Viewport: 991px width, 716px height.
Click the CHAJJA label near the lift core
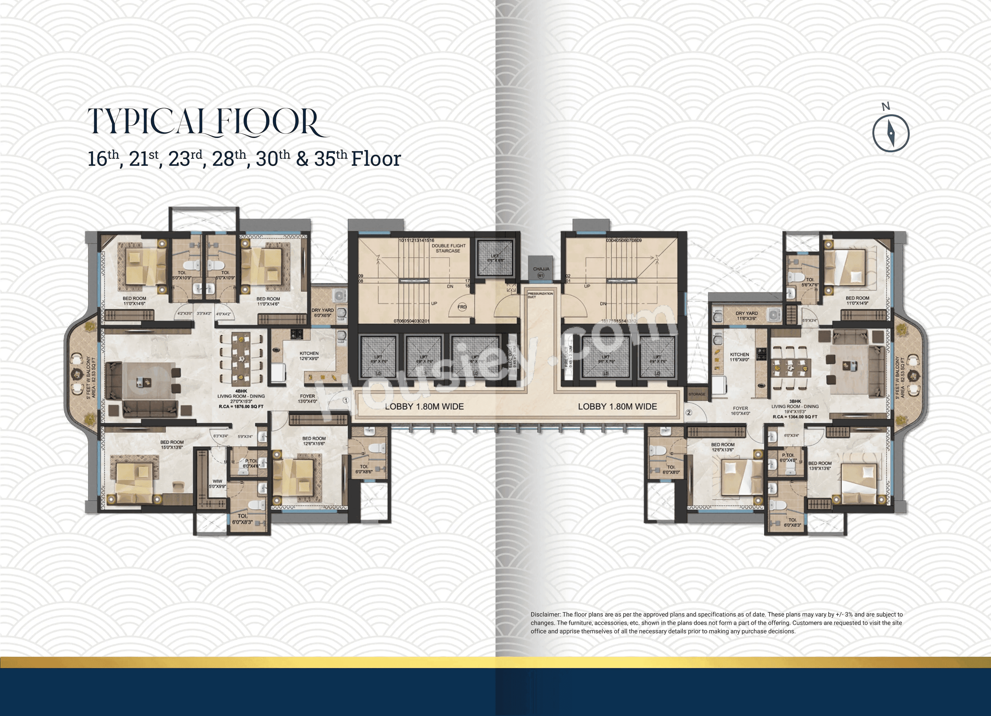click(x=541, y=269)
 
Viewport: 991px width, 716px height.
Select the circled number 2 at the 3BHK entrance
click(x=689, y=412)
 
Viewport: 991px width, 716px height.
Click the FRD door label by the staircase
click(x=462, y=307)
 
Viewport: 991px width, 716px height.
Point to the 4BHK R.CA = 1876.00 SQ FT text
click(x=241, y=406)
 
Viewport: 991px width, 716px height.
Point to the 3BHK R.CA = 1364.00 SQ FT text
click(x=795, y=417)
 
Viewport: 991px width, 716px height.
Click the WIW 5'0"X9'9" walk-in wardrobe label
click(x=217, y=484)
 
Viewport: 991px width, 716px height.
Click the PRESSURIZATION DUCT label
click(x=540, y=295)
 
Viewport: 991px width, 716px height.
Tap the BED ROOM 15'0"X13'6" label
click(x=172, y=444)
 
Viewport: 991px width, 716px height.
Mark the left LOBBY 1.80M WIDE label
click(x=424, y=406)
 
